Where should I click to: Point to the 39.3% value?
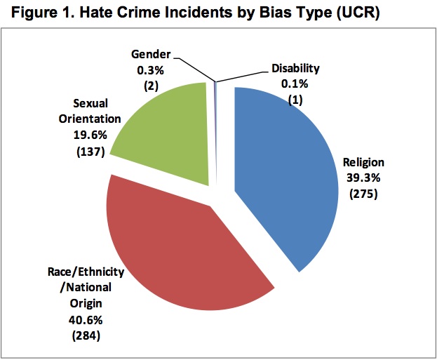(x=362, y=178)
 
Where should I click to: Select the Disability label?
(x=295, y=68)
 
